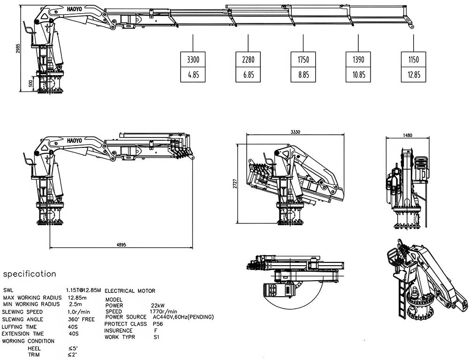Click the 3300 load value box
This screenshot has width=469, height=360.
193,60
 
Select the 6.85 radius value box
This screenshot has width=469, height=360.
248,75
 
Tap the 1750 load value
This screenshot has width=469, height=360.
303,60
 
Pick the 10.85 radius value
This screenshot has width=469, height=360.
358,75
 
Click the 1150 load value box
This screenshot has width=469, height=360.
413,60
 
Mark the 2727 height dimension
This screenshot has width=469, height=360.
235,184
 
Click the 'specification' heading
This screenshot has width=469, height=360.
30,274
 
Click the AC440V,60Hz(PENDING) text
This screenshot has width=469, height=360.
183,317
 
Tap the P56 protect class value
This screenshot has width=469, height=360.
157,324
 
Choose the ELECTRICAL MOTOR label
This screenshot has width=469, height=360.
129,291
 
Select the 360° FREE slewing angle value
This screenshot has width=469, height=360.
81,319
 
